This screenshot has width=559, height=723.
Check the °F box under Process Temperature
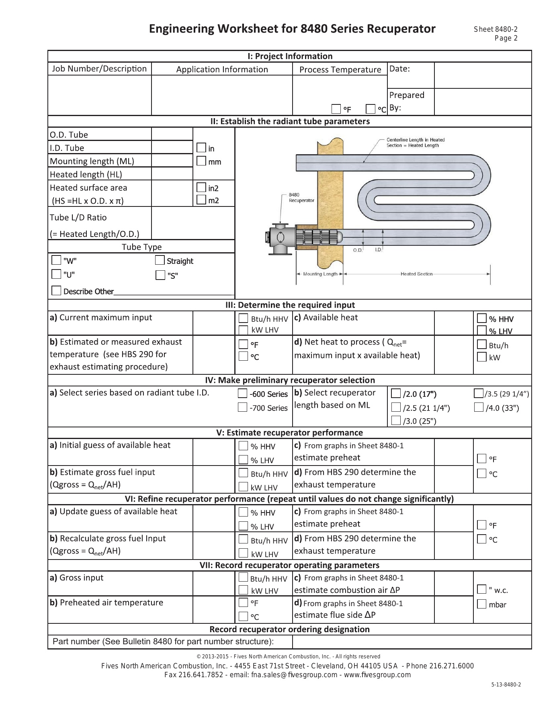point(336,109)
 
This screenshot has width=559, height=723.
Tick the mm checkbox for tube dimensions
point(201,161)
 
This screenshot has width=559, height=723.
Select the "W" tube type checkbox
point(57,260)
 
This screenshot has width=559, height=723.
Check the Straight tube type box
point(160,260)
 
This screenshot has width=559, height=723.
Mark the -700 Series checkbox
point(242,407)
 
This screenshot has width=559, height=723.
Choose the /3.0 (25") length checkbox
point(396,421)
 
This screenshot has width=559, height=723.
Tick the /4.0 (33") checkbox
point(479,407)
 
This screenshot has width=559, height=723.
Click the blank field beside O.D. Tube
point(172,134)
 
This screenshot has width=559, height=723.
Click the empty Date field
point(483,75)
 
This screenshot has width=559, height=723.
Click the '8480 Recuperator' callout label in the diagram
point(301,197)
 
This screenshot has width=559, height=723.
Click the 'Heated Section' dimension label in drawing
point(416,274)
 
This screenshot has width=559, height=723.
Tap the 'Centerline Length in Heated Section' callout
point(415,143)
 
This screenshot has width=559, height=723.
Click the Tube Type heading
point(141,247)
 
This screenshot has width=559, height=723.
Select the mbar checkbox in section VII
point(481,604)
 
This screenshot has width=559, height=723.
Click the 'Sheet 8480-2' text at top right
point(496,29)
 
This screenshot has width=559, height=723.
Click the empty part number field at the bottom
point(412,641)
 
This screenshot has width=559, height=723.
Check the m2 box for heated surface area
point(201,200)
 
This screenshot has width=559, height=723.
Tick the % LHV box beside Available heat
point(481,331)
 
